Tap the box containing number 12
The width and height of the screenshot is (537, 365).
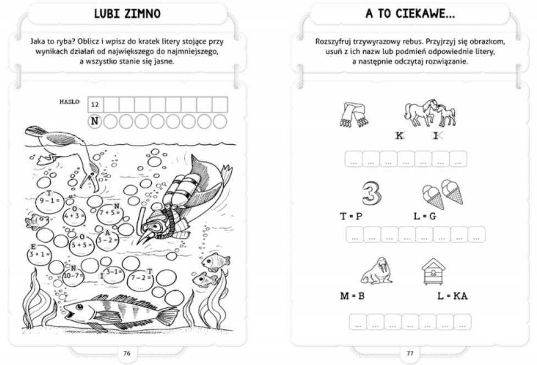click(95, 104)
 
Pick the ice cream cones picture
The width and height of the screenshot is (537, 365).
click(442, 193)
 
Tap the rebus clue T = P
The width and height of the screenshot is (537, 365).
click(351, 216)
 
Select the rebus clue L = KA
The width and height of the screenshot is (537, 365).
click(452, 296)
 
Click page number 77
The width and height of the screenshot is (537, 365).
click(409, 353)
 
